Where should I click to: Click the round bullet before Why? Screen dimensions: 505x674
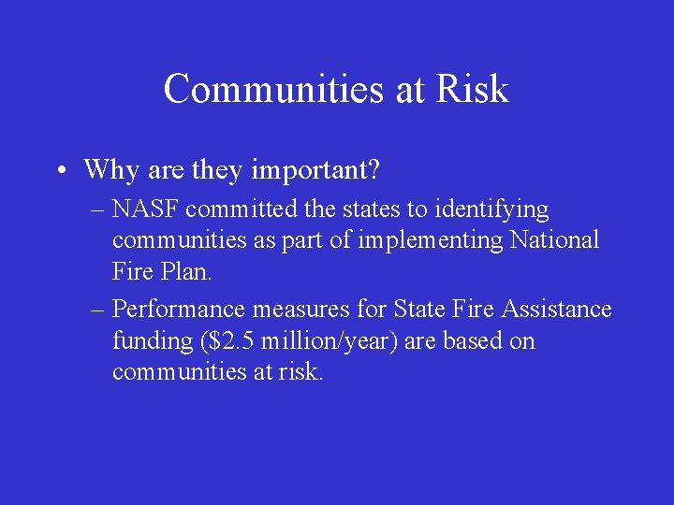click(59, 171)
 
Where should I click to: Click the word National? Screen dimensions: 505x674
click(554, 239)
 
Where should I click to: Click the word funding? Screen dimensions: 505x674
click(152, 341)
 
